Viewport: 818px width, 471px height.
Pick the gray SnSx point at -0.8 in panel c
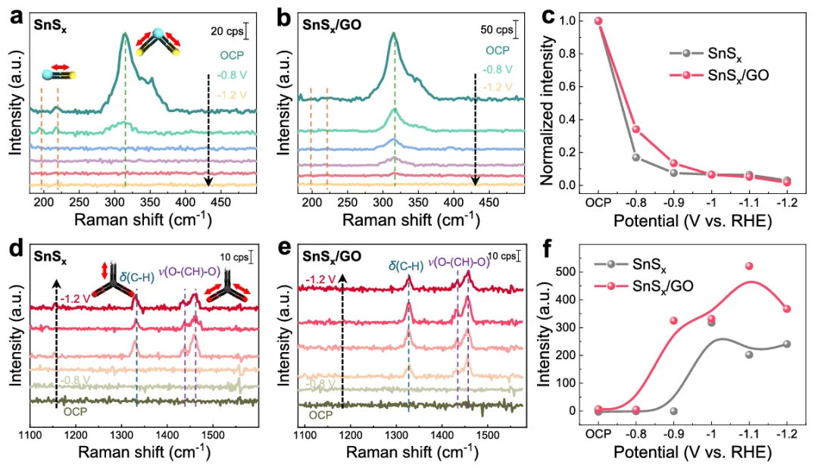[x=636, y=158]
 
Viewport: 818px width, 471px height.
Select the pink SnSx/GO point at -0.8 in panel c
[x=636, y=129]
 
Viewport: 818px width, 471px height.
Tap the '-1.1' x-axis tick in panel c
[x=749, y=204]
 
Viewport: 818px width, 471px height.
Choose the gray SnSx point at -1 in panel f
[x=711, y=323]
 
